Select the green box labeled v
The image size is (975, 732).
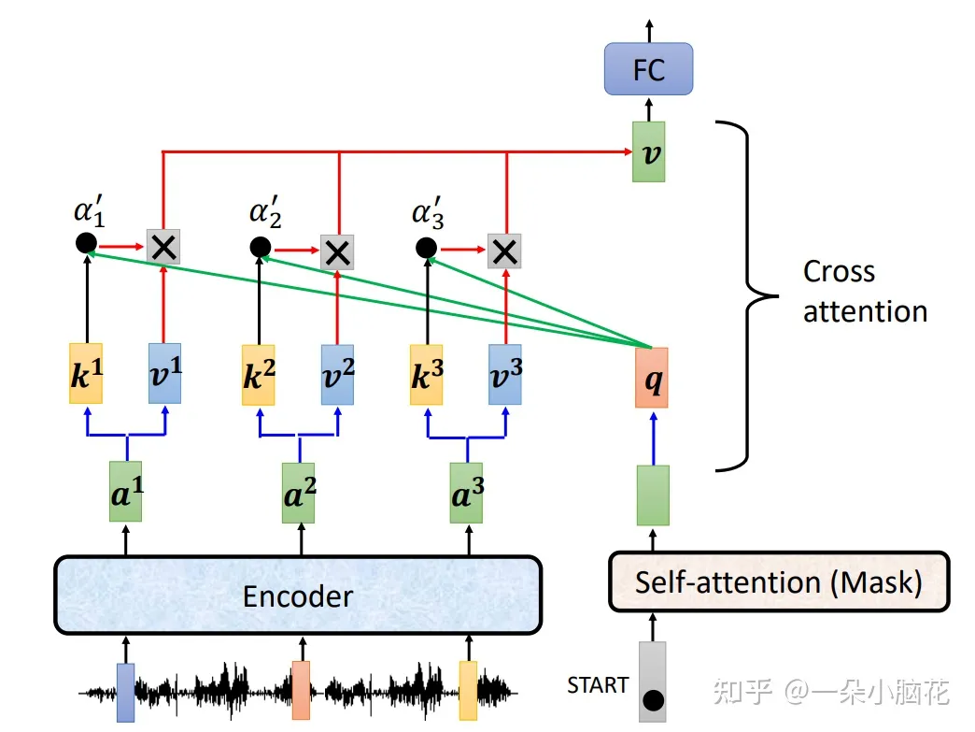click(x=648, y=151)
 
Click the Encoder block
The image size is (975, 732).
click(x=298, y=596)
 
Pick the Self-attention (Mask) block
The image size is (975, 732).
click(x=778, y=581)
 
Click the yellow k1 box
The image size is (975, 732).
click(x=86, y=373)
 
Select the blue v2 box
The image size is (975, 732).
click(x=338, y=374)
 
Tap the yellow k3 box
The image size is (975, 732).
click(x=427, y=374)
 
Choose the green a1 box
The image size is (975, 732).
click(x=126, y=491)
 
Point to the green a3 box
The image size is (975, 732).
click(x=466, y=491)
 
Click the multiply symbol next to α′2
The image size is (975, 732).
click(x=336, y=250)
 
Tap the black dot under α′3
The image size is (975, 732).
click(x=426, y=248)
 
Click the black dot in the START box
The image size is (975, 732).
click(x=653, y=699)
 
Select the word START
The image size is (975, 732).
click(x=598, y=685)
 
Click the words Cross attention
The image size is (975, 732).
click(x=865, y=291)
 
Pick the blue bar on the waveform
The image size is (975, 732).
click(x=125, y=693)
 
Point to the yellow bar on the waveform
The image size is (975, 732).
click(x=467, y=690)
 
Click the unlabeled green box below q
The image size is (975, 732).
click(x=652, y=495)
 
